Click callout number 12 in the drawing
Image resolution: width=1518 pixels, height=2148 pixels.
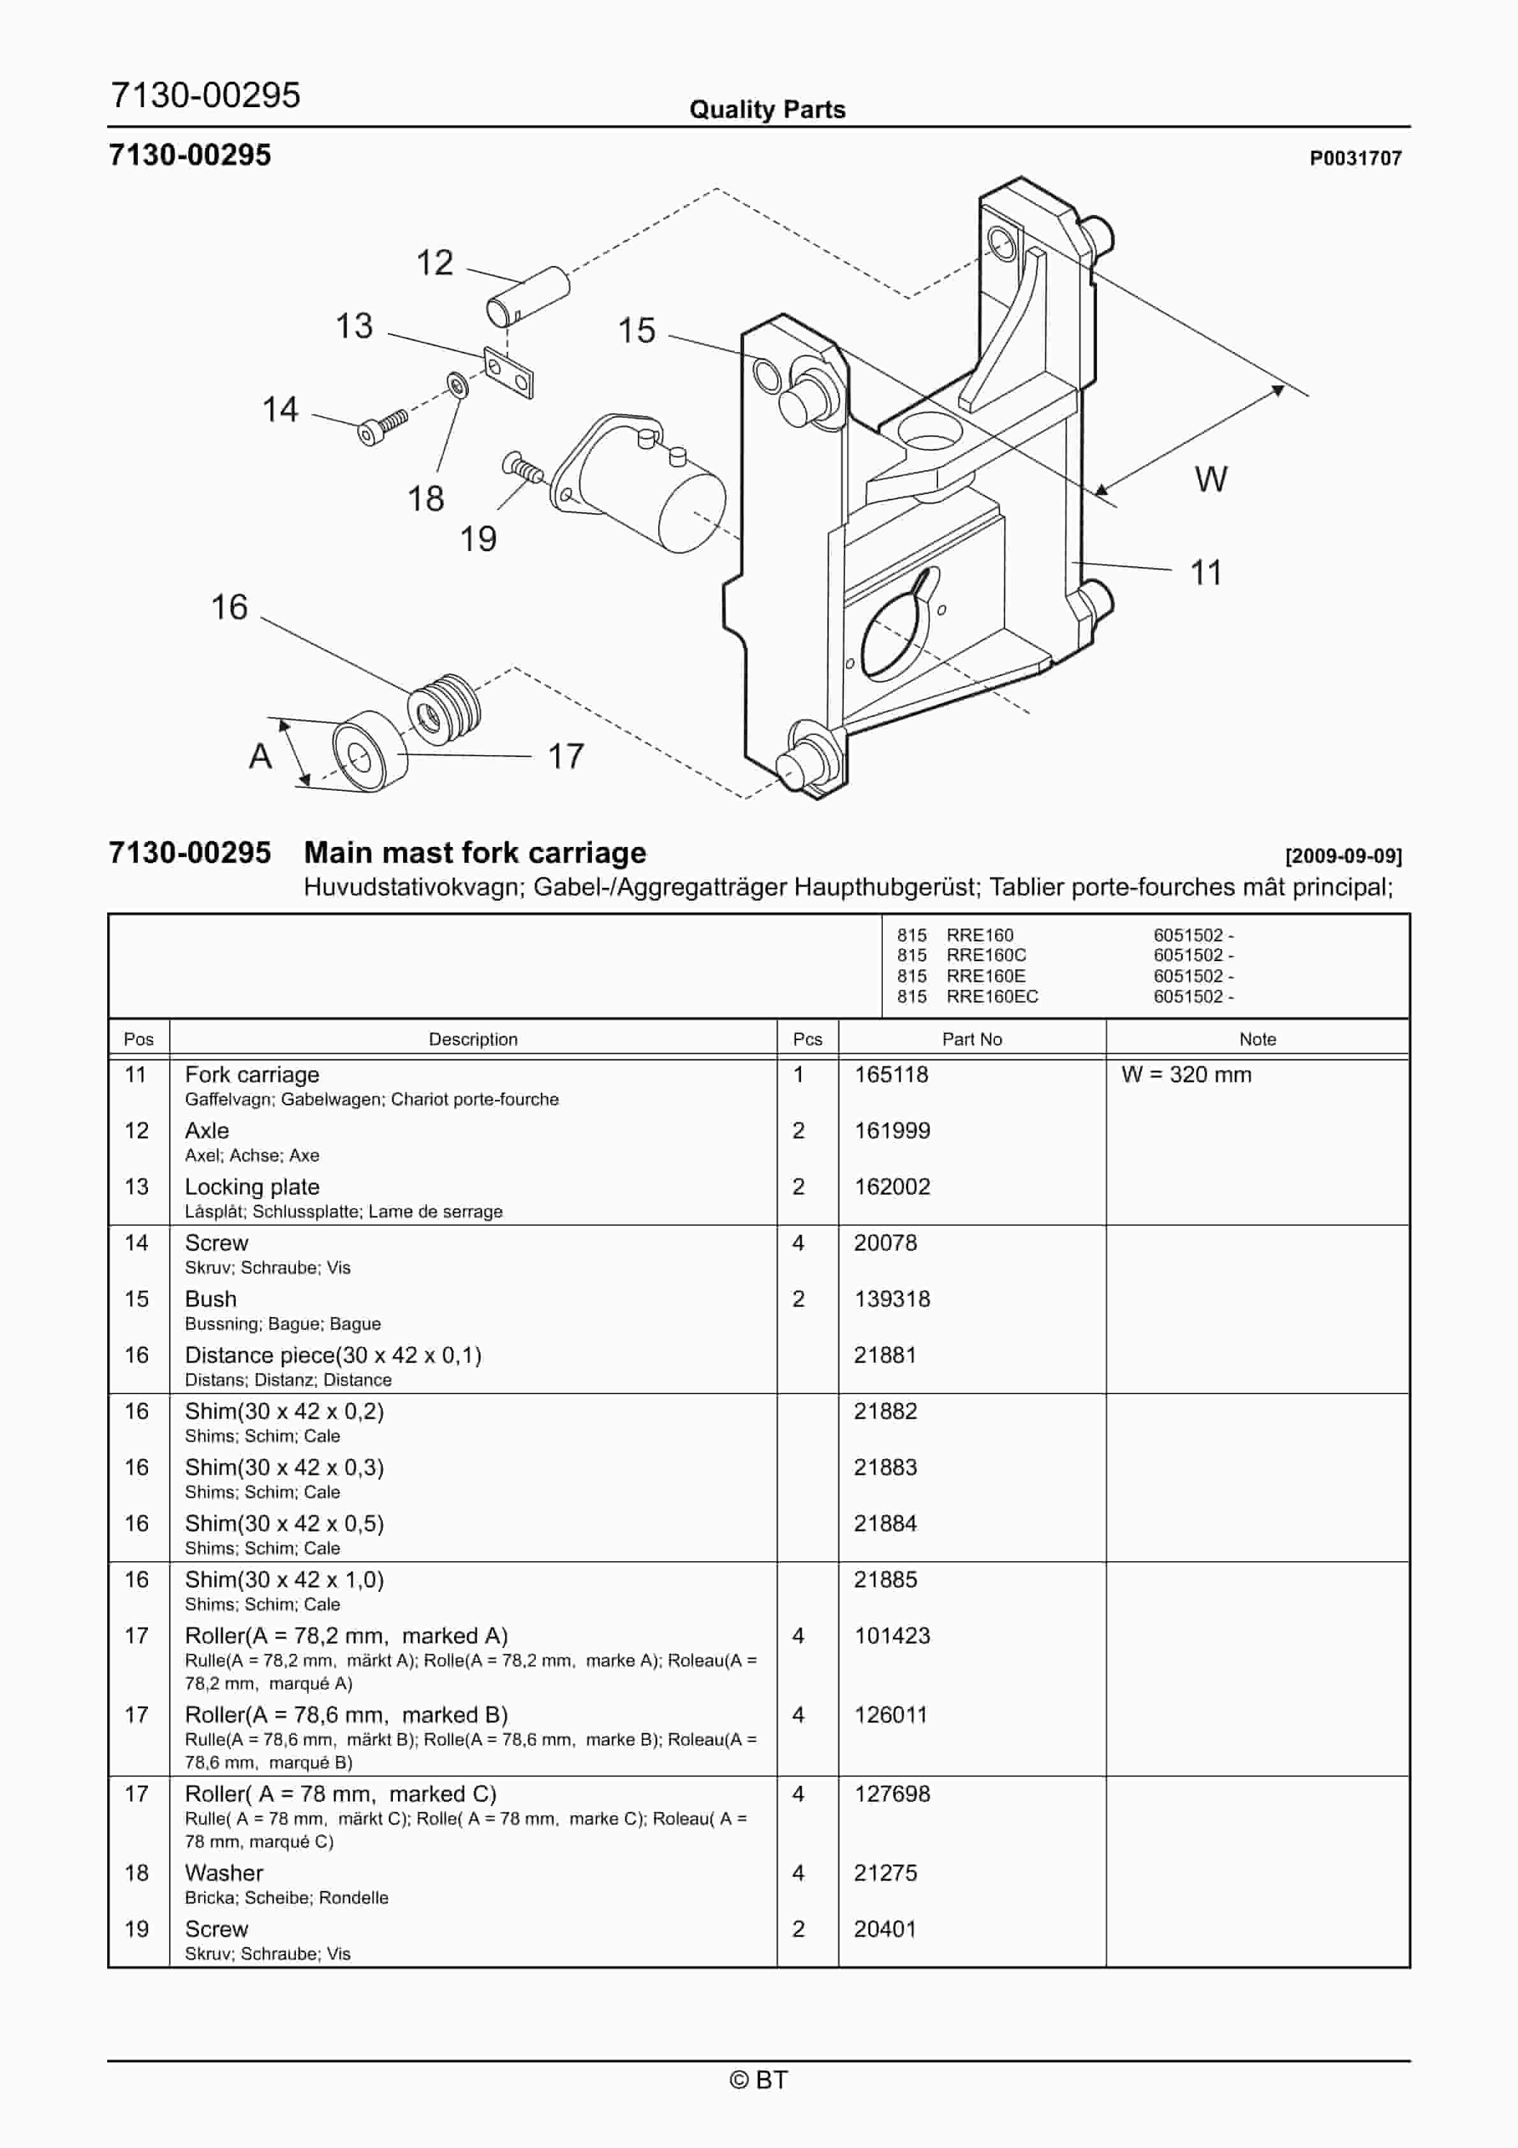coord(434,263)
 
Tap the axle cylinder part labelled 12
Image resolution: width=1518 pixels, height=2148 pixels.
coord(528,296)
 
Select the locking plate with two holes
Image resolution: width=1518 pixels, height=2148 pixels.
coord(508,371)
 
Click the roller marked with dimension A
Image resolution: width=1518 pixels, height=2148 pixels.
coord(371,751)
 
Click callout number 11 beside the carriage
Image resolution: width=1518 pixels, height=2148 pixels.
coord(1205,573)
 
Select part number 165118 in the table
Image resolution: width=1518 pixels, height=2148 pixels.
coord(891,1074)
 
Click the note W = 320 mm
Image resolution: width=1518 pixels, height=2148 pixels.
coord(1186,1074)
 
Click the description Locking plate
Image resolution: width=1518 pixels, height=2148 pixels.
coord(252,1186)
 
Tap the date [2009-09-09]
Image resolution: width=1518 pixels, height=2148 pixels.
coord(1343,855)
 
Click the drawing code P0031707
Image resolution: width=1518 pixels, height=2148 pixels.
coord(1355,158)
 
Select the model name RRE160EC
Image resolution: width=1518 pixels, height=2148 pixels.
coord(992,996)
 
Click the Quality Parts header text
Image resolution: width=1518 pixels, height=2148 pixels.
coord(767,110)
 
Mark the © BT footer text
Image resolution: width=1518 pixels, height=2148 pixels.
coord(759,2080)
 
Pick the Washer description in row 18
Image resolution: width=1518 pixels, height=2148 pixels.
coord(225,1873)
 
